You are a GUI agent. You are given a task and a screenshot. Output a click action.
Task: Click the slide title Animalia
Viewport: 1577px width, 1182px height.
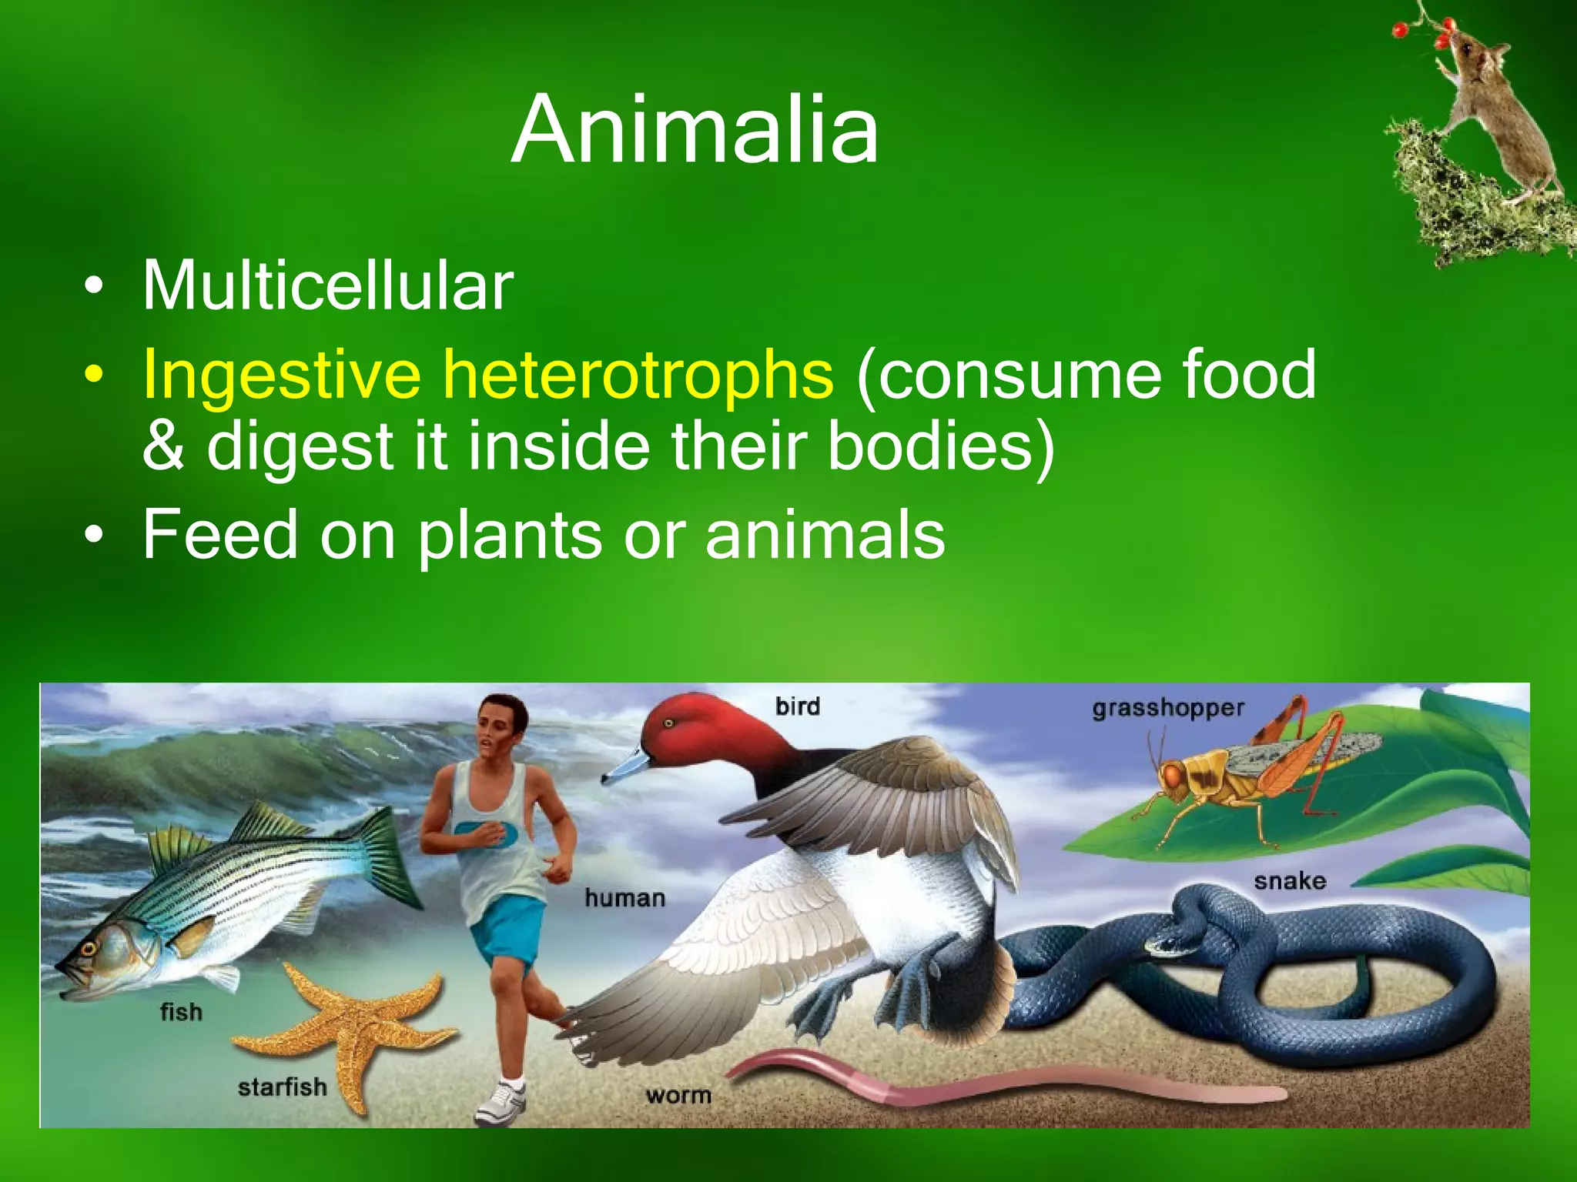(x=695, y=129)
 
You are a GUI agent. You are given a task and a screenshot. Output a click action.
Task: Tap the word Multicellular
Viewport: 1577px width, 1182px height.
(x=328, y=285)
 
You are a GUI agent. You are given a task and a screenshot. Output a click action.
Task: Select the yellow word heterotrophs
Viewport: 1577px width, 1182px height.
(x=638, y=375)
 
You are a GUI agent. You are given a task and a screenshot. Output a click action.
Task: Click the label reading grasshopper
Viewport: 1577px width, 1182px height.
(x=1167, y=708)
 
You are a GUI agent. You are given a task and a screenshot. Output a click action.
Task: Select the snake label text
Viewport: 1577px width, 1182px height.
(x=1290, y=880)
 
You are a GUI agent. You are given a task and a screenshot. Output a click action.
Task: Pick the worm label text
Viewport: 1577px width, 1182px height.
(x=678, y=1095)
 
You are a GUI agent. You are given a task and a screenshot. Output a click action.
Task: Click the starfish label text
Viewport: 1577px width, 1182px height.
(x=282, y=1087)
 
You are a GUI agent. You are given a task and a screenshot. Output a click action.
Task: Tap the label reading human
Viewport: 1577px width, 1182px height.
(x=624, y=897)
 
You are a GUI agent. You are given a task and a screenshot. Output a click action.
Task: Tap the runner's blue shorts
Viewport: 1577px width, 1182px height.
(x=508, y=927)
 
